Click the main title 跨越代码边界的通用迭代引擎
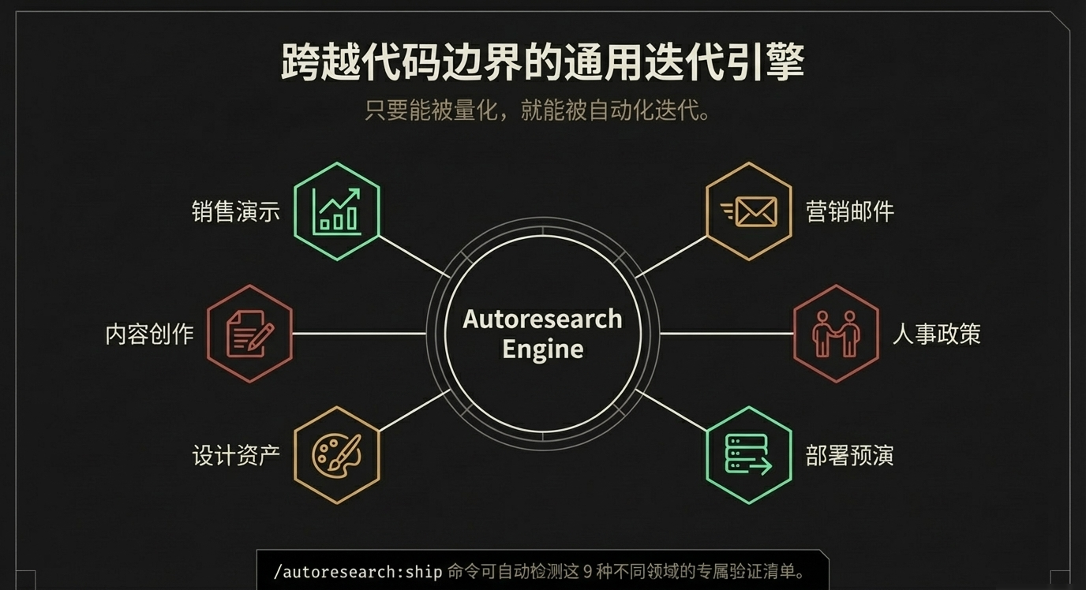tap(542, 63)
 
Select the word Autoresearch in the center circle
tap(542, 319)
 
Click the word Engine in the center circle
tap(542, 349)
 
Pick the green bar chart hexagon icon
tap(337, 211)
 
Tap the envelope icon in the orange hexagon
tap(748, 211)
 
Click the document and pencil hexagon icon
tap(250, 334)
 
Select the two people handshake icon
tap(836, 334)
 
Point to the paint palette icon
tap(337, 455)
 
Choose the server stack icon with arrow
tap(748, 455)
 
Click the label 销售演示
tap(236, 211)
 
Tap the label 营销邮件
tap(850, 211)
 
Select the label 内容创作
tap(150, 334)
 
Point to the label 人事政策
tap(937, 334)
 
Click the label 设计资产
tap(236, 456)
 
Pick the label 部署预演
tap(850, 456)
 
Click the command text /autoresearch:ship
tap(358, 572)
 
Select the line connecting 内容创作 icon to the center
tap(359, 334)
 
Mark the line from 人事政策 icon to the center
tap(726, 334)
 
